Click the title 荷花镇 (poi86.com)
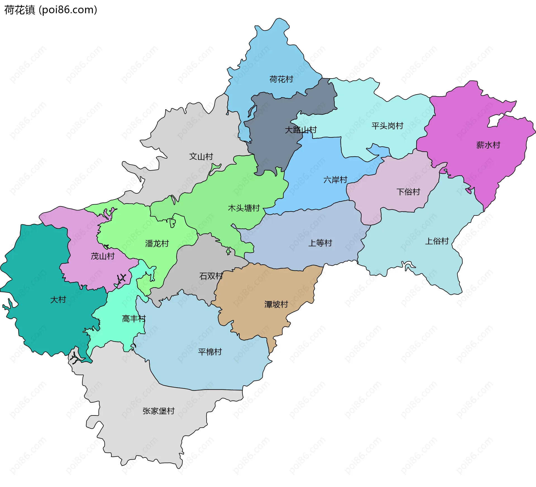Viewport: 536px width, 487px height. pos(51,10)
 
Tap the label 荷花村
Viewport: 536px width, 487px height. pos(281,79)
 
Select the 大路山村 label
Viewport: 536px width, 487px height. pos(301,130)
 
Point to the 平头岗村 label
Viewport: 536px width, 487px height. pos(387,126)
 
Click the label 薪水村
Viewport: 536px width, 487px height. pos(488,145)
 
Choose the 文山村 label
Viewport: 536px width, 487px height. pos(201,156)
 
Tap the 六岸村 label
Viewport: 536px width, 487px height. pos(335,180)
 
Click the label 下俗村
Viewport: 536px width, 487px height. pos(408,192)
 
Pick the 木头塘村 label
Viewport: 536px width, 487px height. pos(244,208)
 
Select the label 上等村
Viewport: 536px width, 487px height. pos(320,243)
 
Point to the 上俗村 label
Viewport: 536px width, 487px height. pos(437,241)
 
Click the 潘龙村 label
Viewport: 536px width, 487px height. pos(157,243)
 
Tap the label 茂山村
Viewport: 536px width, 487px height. pos(102,256)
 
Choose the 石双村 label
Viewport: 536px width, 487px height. pos(211,276)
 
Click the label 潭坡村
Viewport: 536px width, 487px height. pos(276,304)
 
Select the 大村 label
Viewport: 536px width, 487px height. pos(58,300)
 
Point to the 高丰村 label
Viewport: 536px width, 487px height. pos(134,319)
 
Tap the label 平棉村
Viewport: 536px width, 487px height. pos(210,352)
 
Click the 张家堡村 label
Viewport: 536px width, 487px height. pos(158,411)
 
